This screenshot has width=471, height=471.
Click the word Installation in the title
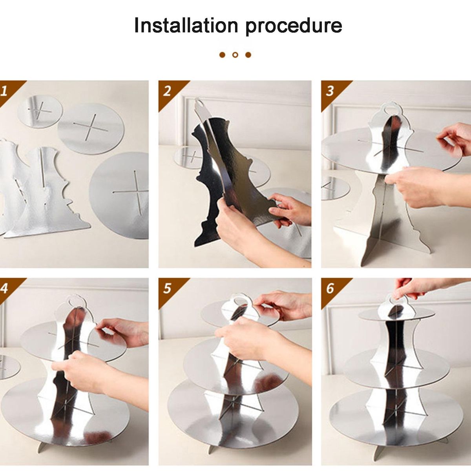coord(186,25)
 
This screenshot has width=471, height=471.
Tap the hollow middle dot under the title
coord(235,55)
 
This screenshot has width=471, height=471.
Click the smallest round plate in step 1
coord(40,111)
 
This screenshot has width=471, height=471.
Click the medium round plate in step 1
coord(91,129)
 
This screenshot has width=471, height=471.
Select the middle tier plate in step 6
coord(396,365)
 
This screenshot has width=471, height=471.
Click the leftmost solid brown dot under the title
coord(222,55)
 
